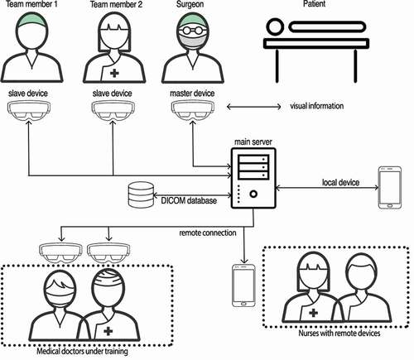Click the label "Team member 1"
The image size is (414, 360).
click(31, 4)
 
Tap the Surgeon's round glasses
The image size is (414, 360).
click(192, 30)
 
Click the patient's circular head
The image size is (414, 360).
click(275, 26)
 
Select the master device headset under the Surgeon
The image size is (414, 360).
click(193, 110)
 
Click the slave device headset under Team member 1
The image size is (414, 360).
click(29, 110)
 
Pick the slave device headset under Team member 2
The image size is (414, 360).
click(113, 110)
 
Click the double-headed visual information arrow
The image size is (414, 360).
click(253, 107)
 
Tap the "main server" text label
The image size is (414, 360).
click(253, 142)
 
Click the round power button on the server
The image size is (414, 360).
click(253, 194)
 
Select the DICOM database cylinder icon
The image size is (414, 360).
click(141, 194)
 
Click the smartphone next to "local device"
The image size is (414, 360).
click(390, 187)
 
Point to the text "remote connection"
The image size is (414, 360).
click(208, 233)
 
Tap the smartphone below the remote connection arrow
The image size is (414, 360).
click(243, 286)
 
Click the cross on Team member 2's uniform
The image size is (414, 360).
click(114, 73)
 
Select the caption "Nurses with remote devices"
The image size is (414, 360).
click(339, 333)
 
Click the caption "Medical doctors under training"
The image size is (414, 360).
click(82, 351)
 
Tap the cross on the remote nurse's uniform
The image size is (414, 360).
click(313, 313)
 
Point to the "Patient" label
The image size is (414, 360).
click(315, 4)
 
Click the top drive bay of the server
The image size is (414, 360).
click(253, 159)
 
